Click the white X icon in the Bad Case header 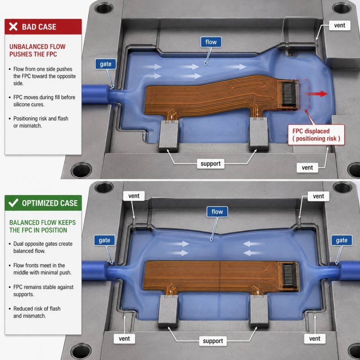pos(13,27)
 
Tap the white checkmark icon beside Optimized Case pos(13,203)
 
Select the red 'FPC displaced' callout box pos(316,135)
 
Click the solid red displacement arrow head pos(324,94)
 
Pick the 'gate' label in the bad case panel pos(106,64)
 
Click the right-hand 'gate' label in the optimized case pos(342,240)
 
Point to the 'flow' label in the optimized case pos(217,211)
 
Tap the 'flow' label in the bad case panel pos(211,42)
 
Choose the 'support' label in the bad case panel pos(211,164)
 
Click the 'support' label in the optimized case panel pos(213,341)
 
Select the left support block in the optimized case pos(168,310)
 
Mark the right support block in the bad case pos(259,134)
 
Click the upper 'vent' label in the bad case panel pos(340,25)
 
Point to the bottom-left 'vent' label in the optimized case pos(125,339)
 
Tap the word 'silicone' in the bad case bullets pos(22,104)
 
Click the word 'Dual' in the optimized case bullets pos(18,244)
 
